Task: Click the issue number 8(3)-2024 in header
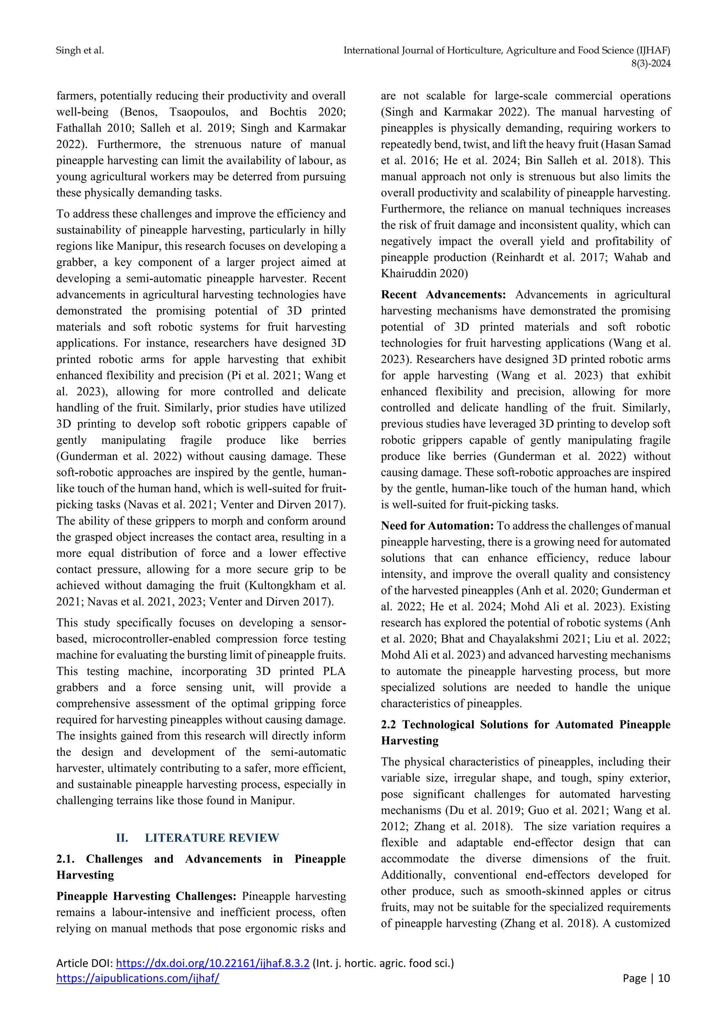(x=650, y=64)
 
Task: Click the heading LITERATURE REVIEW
(x=212, y=838)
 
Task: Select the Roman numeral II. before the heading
(x=122, y=838)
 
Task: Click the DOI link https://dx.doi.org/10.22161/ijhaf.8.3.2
(x=212, y=963)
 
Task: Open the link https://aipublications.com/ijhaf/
(x=137, y=978)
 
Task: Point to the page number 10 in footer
(x=664, y=978)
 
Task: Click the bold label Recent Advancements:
(x=443, y=295)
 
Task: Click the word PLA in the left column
(x=334, y=671)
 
